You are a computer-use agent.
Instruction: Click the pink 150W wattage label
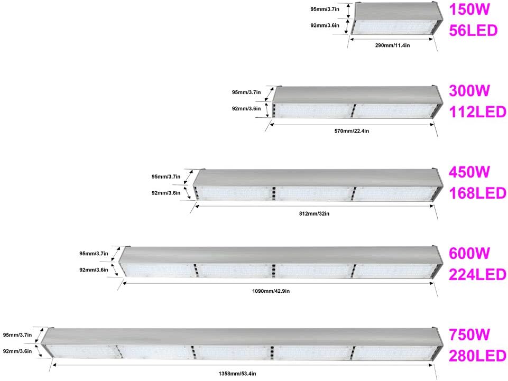[x=469, y=9]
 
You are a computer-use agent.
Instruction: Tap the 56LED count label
[x=473, y=31]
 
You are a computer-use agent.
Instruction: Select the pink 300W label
[x=469, y=90]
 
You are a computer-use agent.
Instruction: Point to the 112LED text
[x=477, y=112]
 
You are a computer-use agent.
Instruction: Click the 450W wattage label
[x=469, y=172]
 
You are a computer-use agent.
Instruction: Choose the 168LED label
[x=477, y=193]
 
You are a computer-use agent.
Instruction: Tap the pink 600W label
[x=469, y=253]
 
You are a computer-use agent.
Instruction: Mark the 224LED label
[x=477, y=274]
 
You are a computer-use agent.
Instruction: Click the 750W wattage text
[x=469, y=334]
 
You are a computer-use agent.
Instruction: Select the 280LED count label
[x=477, y=356]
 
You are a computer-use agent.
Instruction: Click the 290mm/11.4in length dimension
[x=392, y=45]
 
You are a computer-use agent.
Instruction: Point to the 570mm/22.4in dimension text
[x=352, y=131]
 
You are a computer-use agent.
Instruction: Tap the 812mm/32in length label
[x=314, y=213]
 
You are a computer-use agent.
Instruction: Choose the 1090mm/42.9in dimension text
[x=271, y=291]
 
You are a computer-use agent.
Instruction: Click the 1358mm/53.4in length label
[x=237, y=374]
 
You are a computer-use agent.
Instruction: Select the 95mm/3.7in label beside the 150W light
[x=325, y=9]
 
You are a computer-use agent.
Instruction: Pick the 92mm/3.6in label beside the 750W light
[x=17, y=351]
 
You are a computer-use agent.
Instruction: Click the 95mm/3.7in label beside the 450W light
[x=166, y=176]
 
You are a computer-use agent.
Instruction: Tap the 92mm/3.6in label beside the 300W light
[x=246, y=108]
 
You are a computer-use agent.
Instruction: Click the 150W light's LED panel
[x=393, y=27]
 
